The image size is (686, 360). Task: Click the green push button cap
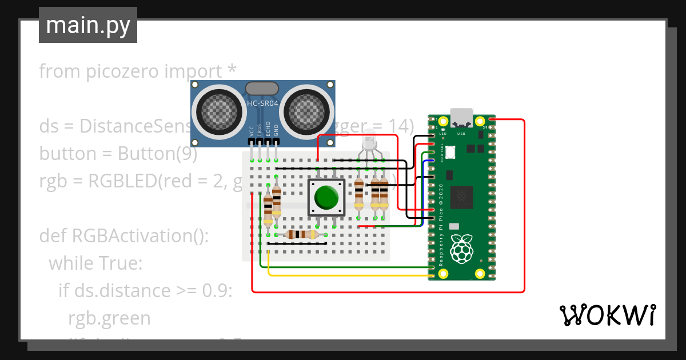coord(326,197)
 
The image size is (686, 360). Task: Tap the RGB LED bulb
coord(369,141)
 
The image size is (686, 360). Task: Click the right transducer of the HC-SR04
coord(309,110)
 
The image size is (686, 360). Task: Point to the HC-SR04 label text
coord(262,103)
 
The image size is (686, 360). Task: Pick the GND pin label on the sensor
coord(276,131)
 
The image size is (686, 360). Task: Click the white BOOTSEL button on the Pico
coord(450,152)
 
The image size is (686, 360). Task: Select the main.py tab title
coord(87,25)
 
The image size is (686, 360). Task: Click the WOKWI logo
coord(607,315)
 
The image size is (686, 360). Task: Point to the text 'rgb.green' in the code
coord(109,318)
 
